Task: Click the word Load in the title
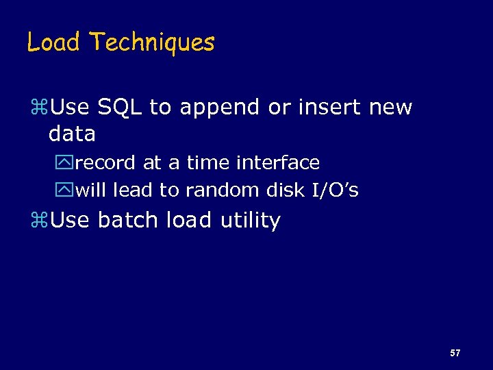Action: (55, 42)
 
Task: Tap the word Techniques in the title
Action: (152, 42)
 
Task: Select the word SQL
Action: (121, 108)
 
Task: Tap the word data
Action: (72, 134)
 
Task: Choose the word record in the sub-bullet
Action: (106, 163)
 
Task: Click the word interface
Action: (277, 163)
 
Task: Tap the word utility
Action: (250, 221)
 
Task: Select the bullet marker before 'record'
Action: (67, 164)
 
